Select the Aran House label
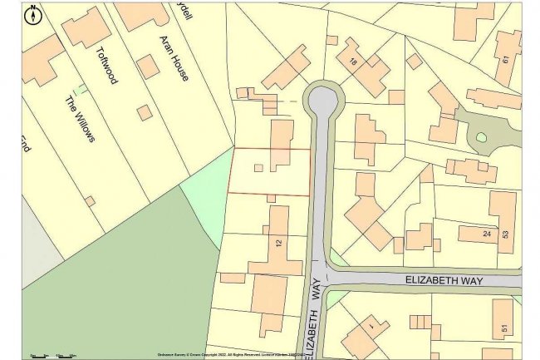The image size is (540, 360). tap(174, 58)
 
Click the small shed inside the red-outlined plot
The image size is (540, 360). tap(258, 168)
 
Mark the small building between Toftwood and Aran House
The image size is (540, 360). tap(148, 67)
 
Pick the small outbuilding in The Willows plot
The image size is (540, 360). tap(90, 201)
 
